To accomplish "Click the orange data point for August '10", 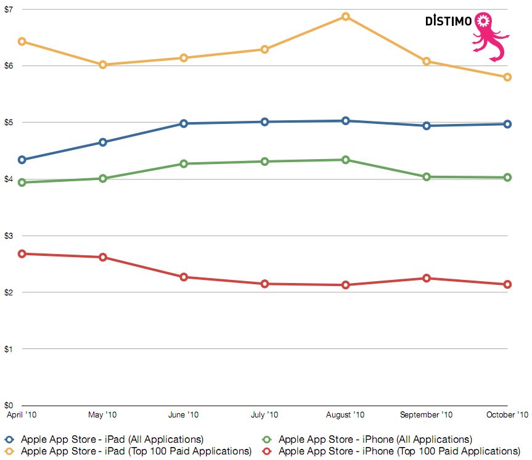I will pyautogui.click(x=346, y=17).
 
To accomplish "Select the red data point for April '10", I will pyautogui.click(x=22, y=253).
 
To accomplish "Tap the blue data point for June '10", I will pyautogui.click(x=184, y=123).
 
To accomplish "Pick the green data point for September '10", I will pyautogui.click(x=427, y=177).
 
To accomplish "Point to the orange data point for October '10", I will pyautogui.click(x=507, y=77).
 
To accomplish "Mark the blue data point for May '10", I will pyautogui.click(x=103, y=142).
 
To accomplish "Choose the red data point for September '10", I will pyautogui.click(x=427, y=278).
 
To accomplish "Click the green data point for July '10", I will pyautogui.click(x=265, y=162).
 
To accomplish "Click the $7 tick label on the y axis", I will pyautogui.click(x=10, y=9).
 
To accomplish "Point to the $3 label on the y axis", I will pyautogui.click(x=10, y=236).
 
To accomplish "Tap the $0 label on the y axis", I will pyautogui.click(x=10, y=405).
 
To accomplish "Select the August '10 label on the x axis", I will pyautogui.click(x=345, y=415).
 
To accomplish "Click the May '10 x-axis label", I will pyautogui.click(x=103, y=415).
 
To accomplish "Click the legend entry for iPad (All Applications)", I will pyautogui.click(x=112, y=440).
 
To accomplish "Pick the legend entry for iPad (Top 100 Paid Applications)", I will pyautogui.click(x=136, y=451).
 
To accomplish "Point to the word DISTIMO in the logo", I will pyautogui.click(x=448, y=21).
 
